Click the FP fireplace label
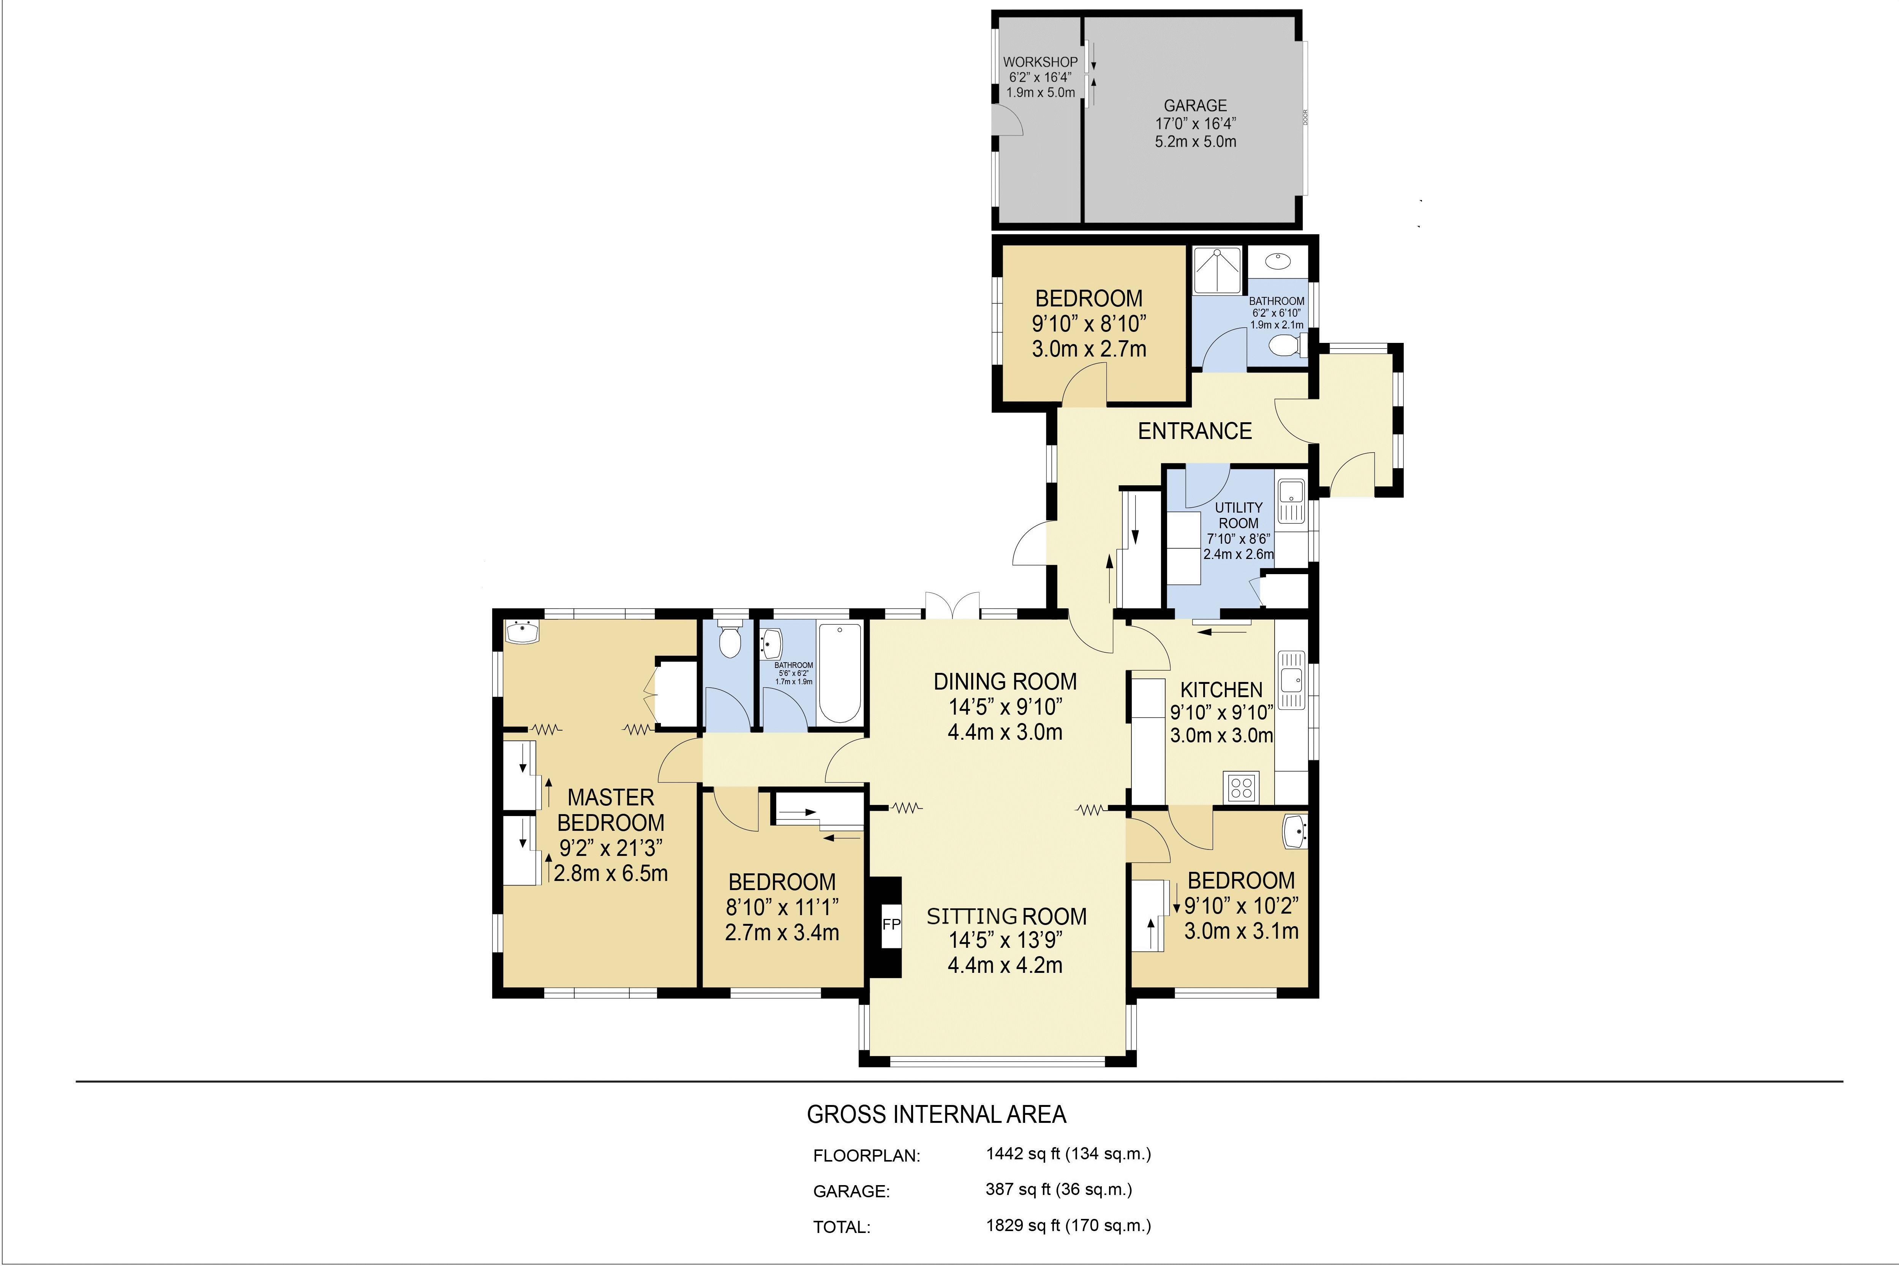pyautogui.click(x=891, y=925)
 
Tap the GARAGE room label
pyautogui.click(x=1195, y=106)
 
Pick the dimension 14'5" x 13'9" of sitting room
pyautogui.click(x=1005, y=941)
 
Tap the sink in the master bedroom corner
pyautogui.click(x=522, y=632)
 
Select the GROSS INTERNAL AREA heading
pyautogui.click(x=937, y=1115)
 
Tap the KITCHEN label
pyautogui.click(x=1221, y=690)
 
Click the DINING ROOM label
pyautogui.click(x=1005, y=682)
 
